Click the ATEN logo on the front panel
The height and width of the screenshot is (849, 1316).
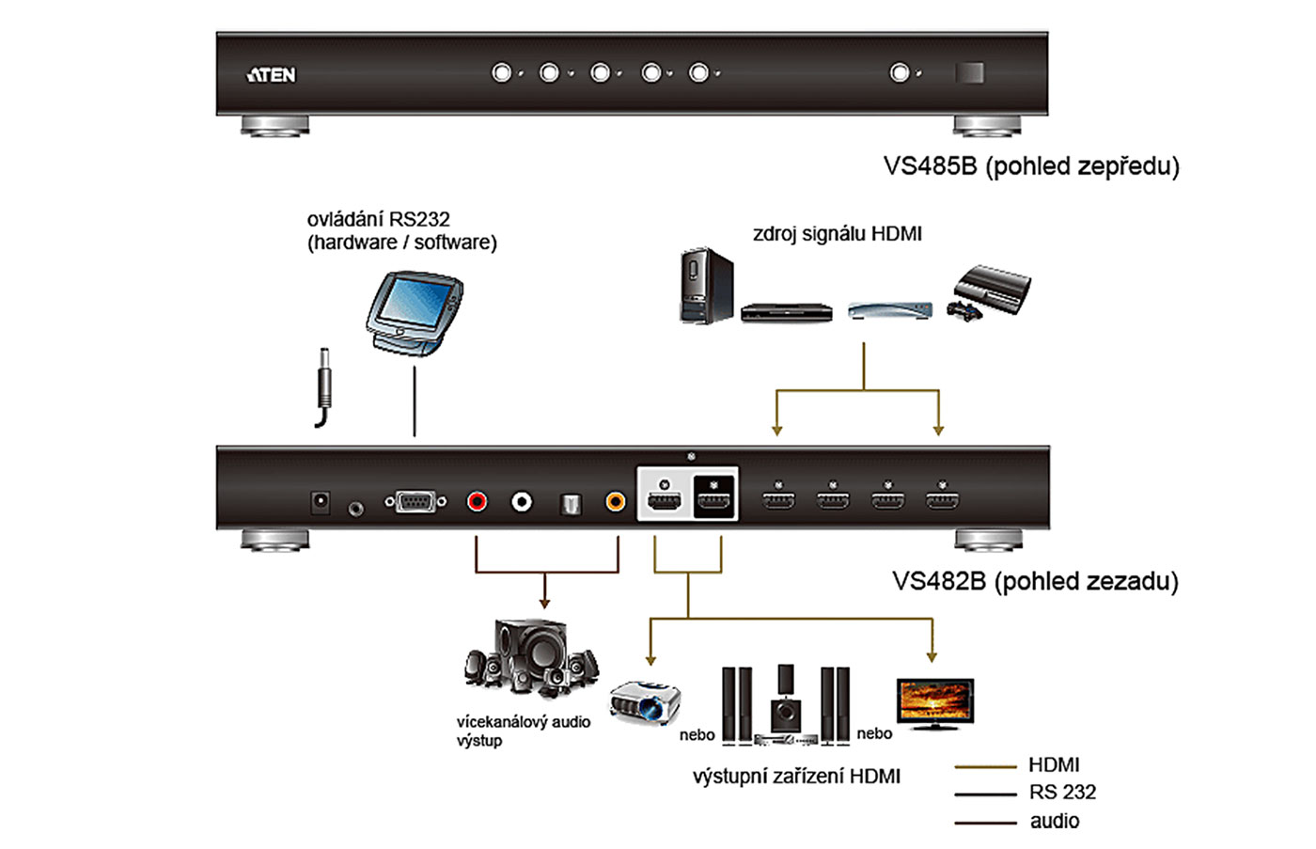pos(272,74)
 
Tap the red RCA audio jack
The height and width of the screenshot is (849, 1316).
pos(478,502)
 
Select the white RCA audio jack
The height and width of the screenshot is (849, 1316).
pos(522,502)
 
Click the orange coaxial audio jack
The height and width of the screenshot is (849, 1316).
pos(615,502)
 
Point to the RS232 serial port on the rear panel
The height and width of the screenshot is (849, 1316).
pos(415,502)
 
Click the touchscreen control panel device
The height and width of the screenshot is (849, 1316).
pos(414,312)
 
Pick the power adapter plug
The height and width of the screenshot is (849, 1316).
pos(324,385)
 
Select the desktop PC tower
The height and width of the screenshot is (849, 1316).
pos(705,286)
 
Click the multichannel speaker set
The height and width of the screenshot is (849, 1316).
pos(532,658)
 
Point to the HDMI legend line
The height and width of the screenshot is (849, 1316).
pos(985,767)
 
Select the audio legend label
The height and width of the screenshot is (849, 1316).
pos(1055,821)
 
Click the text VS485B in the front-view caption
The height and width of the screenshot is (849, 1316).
pos(930,166)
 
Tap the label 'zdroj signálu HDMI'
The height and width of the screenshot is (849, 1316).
pos(837,234)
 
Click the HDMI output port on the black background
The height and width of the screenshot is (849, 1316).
pos(714,495)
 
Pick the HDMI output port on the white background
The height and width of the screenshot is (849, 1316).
pos(666,495)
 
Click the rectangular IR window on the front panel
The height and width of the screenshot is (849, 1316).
pos(969,72)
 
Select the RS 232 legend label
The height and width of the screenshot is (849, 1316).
pos(1062,793)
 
